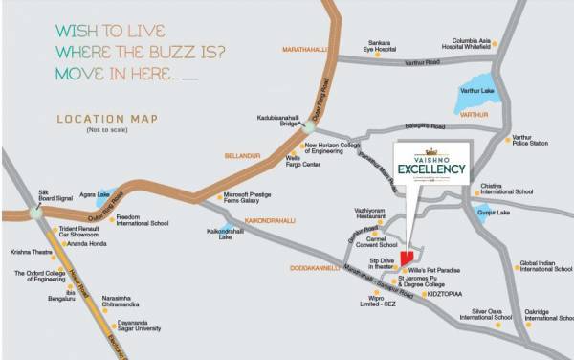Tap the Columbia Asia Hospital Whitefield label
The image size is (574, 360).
pos(465,42)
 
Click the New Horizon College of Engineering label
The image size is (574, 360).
pos(339,148)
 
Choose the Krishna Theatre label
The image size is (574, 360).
pos(31,252)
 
